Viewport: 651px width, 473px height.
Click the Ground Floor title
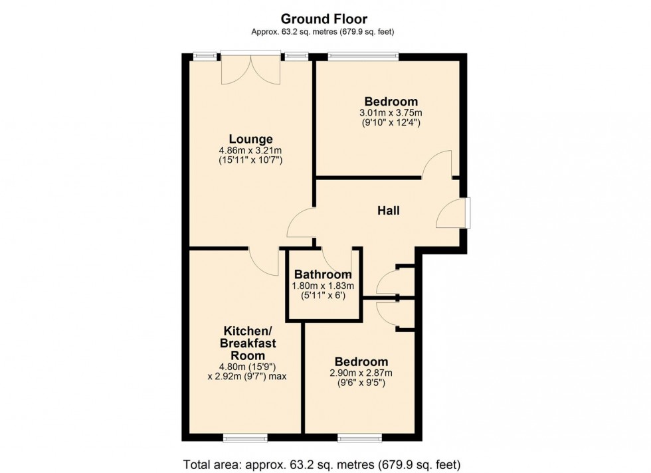click(x=324, y=19)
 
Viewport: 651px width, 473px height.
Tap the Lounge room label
click(x=250, y=140)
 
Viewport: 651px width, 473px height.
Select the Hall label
click(x=389, y=211)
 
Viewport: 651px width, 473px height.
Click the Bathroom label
click(x=323, y=274)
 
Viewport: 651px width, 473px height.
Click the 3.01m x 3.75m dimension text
click(x=391, y=112)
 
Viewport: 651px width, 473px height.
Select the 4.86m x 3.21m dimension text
click(x=251, y=150)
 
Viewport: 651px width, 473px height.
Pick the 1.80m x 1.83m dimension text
click(x=323, y=286)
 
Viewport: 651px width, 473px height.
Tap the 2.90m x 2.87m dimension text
click(x=361, y=373)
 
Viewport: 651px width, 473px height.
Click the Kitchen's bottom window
click(x=245, y=437)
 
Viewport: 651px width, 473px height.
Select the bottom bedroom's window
click(x=359, y=437)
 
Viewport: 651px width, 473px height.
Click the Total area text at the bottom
click(x=322, y=464)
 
